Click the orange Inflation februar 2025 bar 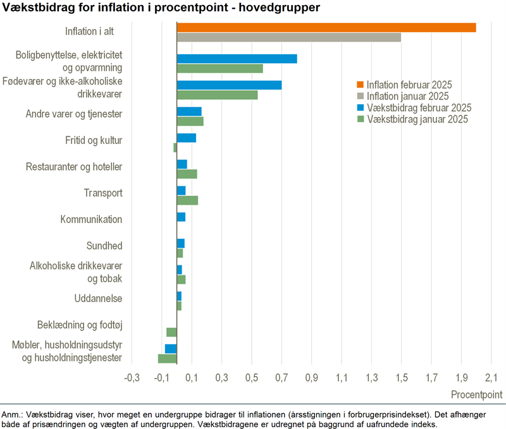click(x=326, y=27)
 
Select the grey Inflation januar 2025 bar click(x=288, y=37)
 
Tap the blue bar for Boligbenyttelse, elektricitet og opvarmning click(x=237, y=59)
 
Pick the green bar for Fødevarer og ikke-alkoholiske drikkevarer click(x=217, y=95)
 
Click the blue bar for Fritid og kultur click(x=186, y=138)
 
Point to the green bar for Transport click(x=187, y=200)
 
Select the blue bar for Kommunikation click(x=181, y=217)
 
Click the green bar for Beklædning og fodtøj click(x=171, y=332)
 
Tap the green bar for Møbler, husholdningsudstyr click(x=167, y=359)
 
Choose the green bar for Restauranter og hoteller click(x=187, y=174)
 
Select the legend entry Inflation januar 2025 click(x=407, y=96)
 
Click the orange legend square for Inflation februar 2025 click(x=361, y=85)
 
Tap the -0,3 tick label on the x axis click(x=132, y=378)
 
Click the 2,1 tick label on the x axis click(x=491, y=378)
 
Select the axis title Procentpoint click(x=477, y=394)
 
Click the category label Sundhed click(x=104, y=246)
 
